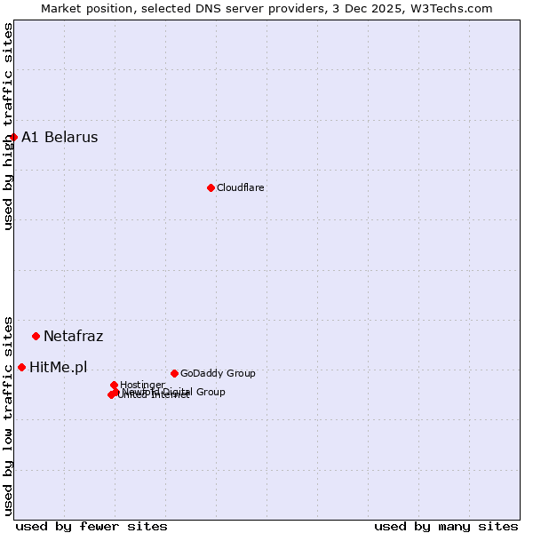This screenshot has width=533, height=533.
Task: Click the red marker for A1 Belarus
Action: (13, 137)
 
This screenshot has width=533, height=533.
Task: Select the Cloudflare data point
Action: (211, 187)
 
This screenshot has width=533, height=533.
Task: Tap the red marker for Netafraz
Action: (36, 336)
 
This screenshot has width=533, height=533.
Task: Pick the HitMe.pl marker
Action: (21, 367)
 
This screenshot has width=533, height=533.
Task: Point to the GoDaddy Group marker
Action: (174, 373)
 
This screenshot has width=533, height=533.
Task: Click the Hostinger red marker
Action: (114, 385)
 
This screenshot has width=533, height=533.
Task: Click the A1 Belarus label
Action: (60, 137)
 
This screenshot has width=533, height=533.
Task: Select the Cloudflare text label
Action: (240, 187)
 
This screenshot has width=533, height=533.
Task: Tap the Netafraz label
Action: (73, 336)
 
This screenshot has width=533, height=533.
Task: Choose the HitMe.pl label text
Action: (59, 367)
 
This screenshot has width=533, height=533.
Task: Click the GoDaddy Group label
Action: (218, 373)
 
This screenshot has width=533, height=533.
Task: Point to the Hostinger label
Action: (142, 385)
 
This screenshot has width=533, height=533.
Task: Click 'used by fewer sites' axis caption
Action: (91, 526)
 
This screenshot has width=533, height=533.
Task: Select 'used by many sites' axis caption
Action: (446, 526)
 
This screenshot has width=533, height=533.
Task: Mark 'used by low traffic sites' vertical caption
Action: (9, 415)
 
